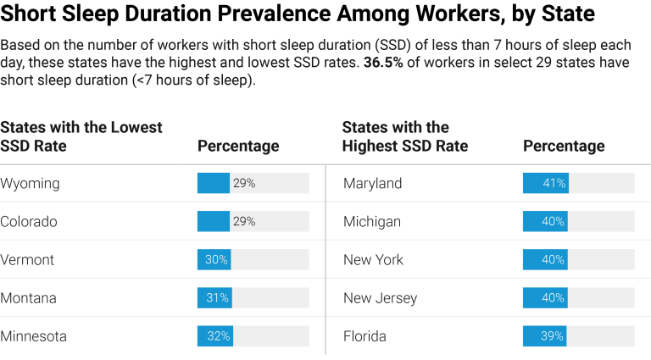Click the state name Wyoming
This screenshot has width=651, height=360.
click(30, 184)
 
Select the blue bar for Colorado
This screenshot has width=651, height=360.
click(213, 221)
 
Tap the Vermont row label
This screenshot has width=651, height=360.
click(27, 260)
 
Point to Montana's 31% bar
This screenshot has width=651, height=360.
click(214, 298)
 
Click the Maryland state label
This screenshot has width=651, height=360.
click(373, 184)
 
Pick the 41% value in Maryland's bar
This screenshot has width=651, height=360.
click(555, 183)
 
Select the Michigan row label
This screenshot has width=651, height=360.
click(372, 222)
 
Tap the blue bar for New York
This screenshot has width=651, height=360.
click(545, 260)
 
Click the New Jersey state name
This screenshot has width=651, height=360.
click(380, 298)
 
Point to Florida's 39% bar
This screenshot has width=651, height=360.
click(544, 336)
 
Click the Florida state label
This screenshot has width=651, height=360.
click(364, 336)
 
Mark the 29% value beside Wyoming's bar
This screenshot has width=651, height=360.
click(244, 183)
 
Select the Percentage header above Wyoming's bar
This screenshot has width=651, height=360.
click(238, 147)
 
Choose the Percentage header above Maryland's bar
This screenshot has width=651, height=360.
click(564, 147)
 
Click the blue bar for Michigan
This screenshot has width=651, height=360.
click(545, 222)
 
